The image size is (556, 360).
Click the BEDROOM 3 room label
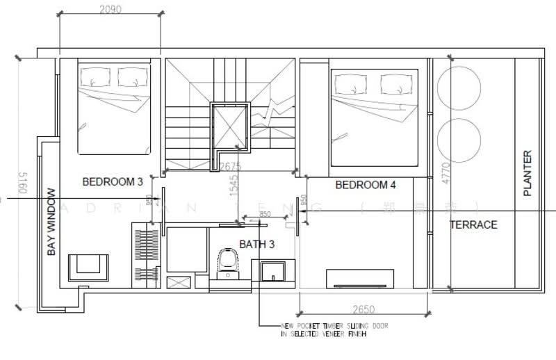(x=113, y=182)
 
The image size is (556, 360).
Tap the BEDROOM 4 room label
(x=366, y=185)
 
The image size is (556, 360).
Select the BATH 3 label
(x=257, y=244)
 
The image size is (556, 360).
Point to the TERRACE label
(x=473, y=224)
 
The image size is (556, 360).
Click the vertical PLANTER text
(x=527, y=173)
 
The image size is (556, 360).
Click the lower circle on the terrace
(x=459, y=137)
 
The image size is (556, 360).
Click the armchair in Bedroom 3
(x=88, y=265)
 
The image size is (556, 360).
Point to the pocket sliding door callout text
(x=334, y=329)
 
